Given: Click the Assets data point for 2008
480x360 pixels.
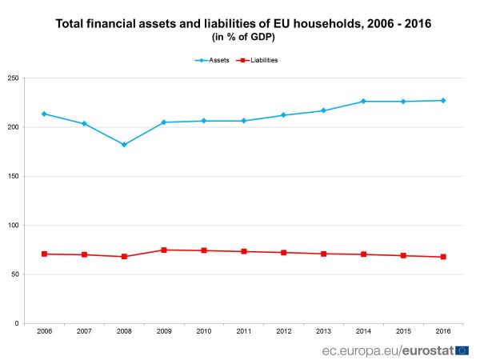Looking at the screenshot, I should tap(124, 145).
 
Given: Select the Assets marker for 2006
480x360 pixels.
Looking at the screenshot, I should tap(44, 114).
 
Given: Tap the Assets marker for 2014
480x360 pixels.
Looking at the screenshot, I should tap(363, 102).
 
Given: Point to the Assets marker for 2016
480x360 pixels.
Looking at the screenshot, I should tap(443, 101).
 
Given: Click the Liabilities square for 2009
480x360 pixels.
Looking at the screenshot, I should tap(164, 250).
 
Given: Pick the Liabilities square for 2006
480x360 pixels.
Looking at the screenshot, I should tap(44, 254).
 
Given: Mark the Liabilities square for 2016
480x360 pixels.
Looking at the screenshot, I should tap(443, 257).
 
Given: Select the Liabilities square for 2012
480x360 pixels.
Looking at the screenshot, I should tap(283, 253).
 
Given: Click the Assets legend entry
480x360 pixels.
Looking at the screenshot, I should tap(213, 60).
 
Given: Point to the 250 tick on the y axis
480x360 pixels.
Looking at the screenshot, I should tap(14, 78).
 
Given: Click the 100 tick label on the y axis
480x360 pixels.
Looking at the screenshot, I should tap(14, 226).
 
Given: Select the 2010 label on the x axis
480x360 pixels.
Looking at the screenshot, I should tap(204, 331).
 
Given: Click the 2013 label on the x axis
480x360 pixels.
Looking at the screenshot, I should tap(323, 331).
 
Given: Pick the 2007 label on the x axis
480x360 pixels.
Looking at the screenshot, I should tap(84, 331).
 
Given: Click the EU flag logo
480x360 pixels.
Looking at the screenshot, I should tap(462, 350).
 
